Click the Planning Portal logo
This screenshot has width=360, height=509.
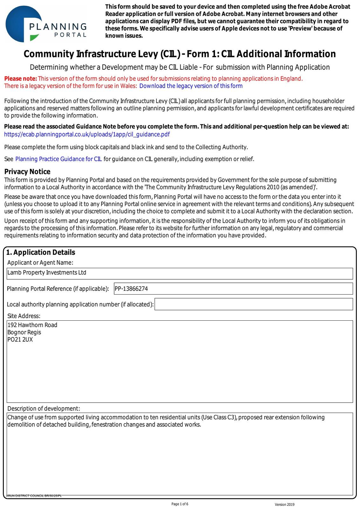click(x=46, y=24)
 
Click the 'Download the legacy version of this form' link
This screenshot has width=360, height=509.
click(x=191, y=86)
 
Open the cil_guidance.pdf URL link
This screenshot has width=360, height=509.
click(x=87, y=134)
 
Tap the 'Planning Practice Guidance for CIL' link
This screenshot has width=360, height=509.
click(x=59, y=159)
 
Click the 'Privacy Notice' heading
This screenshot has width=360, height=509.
click(x=27, y=172)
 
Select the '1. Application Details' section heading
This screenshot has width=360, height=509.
click(x=41, y=252)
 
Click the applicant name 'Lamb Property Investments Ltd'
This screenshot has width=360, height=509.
click(x=47, y=273)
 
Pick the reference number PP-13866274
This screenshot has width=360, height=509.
click(x=131, y=289)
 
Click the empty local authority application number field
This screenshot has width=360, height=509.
click(x=253, y=304)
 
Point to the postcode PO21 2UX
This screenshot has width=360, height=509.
click(x=20, y=340)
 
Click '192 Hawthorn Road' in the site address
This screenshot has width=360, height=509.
click(x=32, y=325)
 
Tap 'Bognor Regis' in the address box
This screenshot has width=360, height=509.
click(x=24, y=332)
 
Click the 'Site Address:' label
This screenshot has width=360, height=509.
click(x=24, y=316)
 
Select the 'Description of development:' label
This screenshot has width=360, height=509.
click(x=44, y=408)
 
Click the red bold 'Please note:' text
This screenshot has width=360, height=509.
click(x=21, y=79)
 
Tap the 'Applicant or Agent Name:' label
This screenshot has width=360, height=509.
click(x=40, y=262)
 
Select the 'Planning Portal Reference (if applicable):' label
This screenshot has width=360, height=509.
click(x=58, y=289)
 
